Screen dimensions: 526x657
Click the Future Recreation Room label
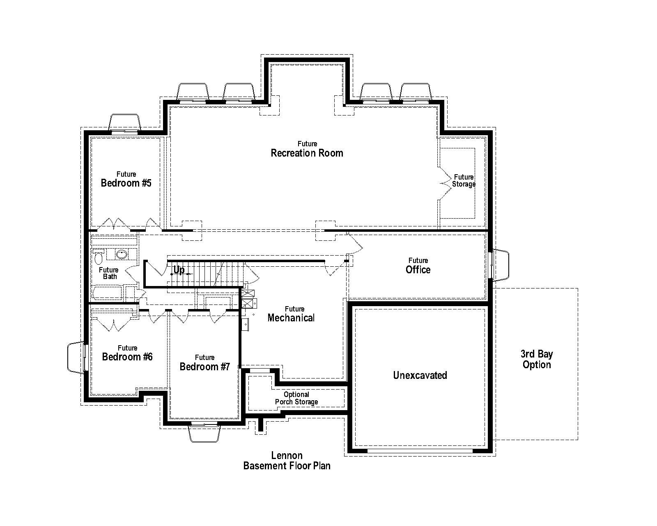coord(307,150)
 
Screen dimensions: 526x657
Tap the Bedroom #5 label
coord(126,180)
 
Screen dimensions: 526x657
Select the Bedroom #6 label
coord(127,353)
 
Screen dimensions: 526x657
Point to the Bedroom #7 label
coord(204,363)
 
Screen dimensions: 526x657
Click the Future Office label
coord(418,266)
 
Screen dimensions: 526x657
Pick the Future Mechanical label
coord(291,314)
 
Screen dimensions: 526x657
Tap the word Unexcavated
coord(420,375)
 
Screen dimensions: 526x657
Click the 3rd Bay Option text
coord(537,359)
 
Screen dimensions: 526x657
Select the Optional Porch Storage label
coord(296,398)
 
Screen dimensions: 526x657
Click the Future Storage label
coord(464,181)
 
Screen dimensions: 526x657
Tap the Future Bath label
coord(109,273)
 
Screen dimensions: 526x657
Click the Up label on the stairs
coord(179,270)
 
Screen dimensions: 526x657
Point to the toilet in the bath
coord(98,257)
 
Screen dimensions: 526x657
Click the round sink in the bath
coord(122,254)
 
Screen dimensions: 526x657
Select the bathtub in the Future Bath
coord(107,293)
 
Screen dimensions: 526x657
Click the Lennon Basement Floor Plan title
coord(287,460)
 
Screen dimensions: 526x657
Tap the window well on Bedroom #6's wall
coord(76,357)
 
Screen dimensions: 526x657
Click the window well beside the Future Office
coord(501,265)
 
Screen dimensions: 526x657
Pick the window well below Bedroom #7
coord(204,434)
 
